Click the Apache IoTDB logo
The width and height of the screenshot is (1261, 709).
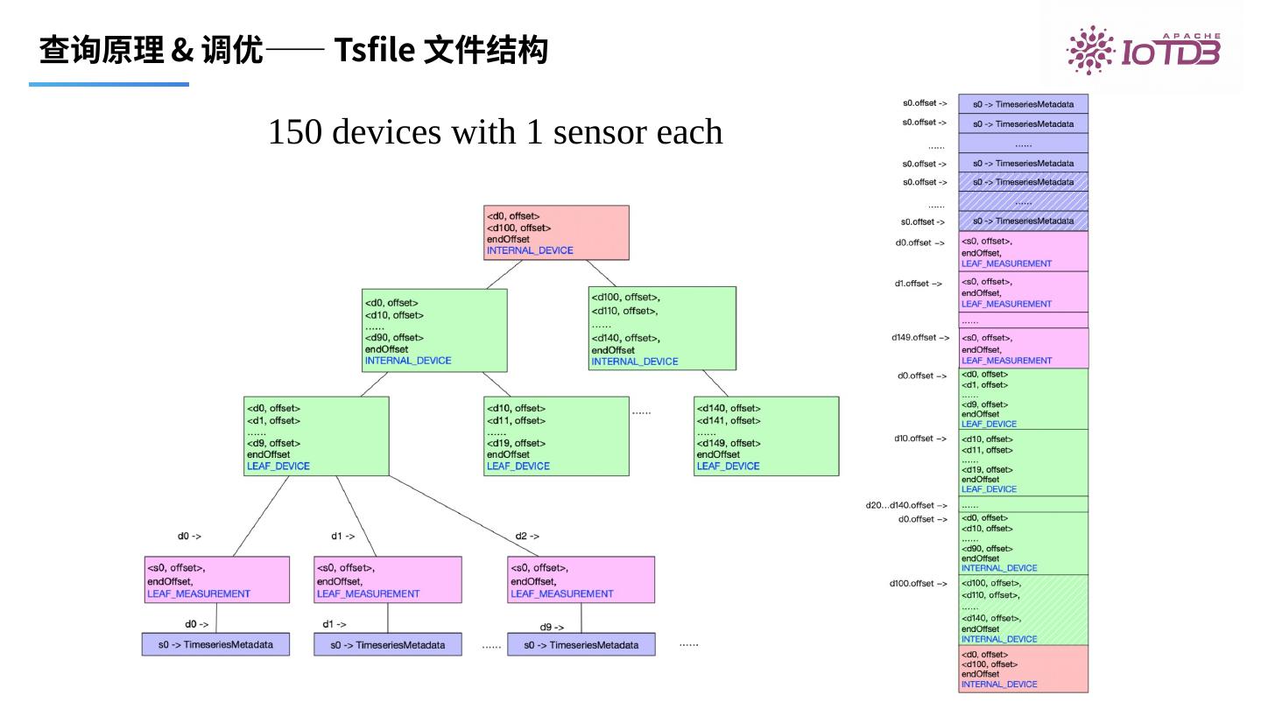pyautogui.click(x=1142, y=51)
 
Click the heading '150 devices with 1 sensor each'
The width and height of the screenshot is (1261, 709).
pyautogui.click(x=495, y=132)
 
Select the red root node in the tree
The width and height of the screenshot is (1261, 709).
pyautogui.click(x=556, y=232)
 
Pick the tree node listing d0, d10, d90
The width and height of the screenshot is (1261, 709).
pyautogui.click(x=434, y=328)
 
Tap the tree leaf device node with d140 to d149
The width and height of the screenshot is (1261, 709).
pyautogui.click(x=766, y=436)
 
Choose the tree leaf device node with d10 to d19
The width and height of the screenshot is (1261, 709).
pyautogui.click(x=556, y=436)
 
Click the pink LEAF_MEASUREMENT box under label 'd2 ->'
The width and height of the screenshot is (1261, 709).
pyautogui.click(x=581, y=579)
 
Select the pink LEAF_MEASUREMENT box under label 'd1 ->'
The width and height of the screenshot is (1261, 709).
pyautogui.click(x=387, y=579)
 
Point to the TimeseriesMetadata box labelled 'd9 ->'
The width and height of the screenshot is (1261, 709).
pyautogui.click(x=581, y=645)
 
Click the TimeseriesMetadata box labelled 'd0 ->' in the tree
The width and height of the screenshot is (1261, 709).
pyautogui.click(x=215, y=645)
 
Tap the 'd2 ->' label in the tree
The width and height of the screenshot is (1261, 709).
pyautogui.click(x=527, y=536)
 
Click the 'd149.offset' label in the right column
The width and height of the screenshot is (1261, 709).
pyautogui.click(x=919, y=337)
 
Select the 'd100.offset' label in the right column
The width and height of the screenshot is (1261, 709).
pyautogui.click(x=918, y=583)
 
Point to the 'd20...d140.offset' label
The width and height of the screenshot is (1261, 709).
pyautogui.click(x=906, y=505)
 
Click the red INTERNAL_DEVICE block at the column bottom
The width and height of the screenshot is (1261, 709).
pyautogui.click(x=1023, y=670)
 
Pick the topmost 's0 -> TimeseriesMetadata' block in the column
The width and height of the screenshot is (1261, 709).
pyautogui.click(x=1023, y=103)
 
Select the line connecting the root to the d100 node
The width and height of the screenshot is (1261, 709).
pyautogui.click(x=601, y=273)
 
